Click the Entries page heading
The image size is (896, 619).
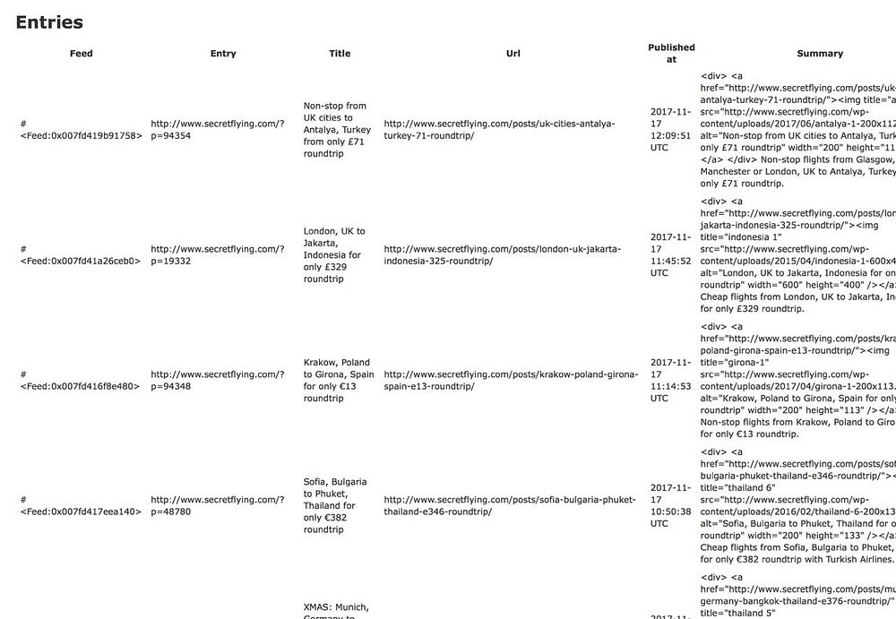click(x=49, y=22)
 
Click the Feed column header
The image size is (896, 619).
click(x=81, y=54)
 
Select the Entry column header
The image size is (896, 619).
click(x=223, y=54)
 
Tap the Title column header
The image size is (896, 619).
click(x=340, y=54)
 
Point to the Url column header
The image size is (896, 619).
click(x=513, y=54)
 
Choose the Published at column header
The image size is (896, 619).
click(x=671, y=53)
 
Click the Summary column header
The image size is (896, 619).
click(x=820, y=54)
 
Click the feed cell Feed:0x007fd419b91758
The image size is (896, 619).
click(x=81, y=136)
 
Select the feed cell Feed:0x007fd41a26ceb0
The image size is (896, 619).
click(x=81, y=262)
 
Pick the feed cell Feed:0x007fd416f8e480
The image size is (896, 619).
click(x=81, y=387)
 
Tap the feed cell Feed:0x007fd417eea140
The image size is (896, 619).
click(x=81, y=512)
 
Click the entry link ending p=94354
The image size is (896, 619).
click(x=217, y=130)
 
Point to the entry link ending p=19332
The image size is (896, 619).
click(x=217, y=255)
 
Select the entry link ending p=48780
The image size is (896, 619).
click(x=217, y=506)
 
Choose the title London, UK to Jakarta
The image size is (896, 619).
click(x=337, y=255)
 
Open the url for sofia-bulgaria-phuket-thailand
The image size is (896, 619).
click(x=510, y=506)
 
